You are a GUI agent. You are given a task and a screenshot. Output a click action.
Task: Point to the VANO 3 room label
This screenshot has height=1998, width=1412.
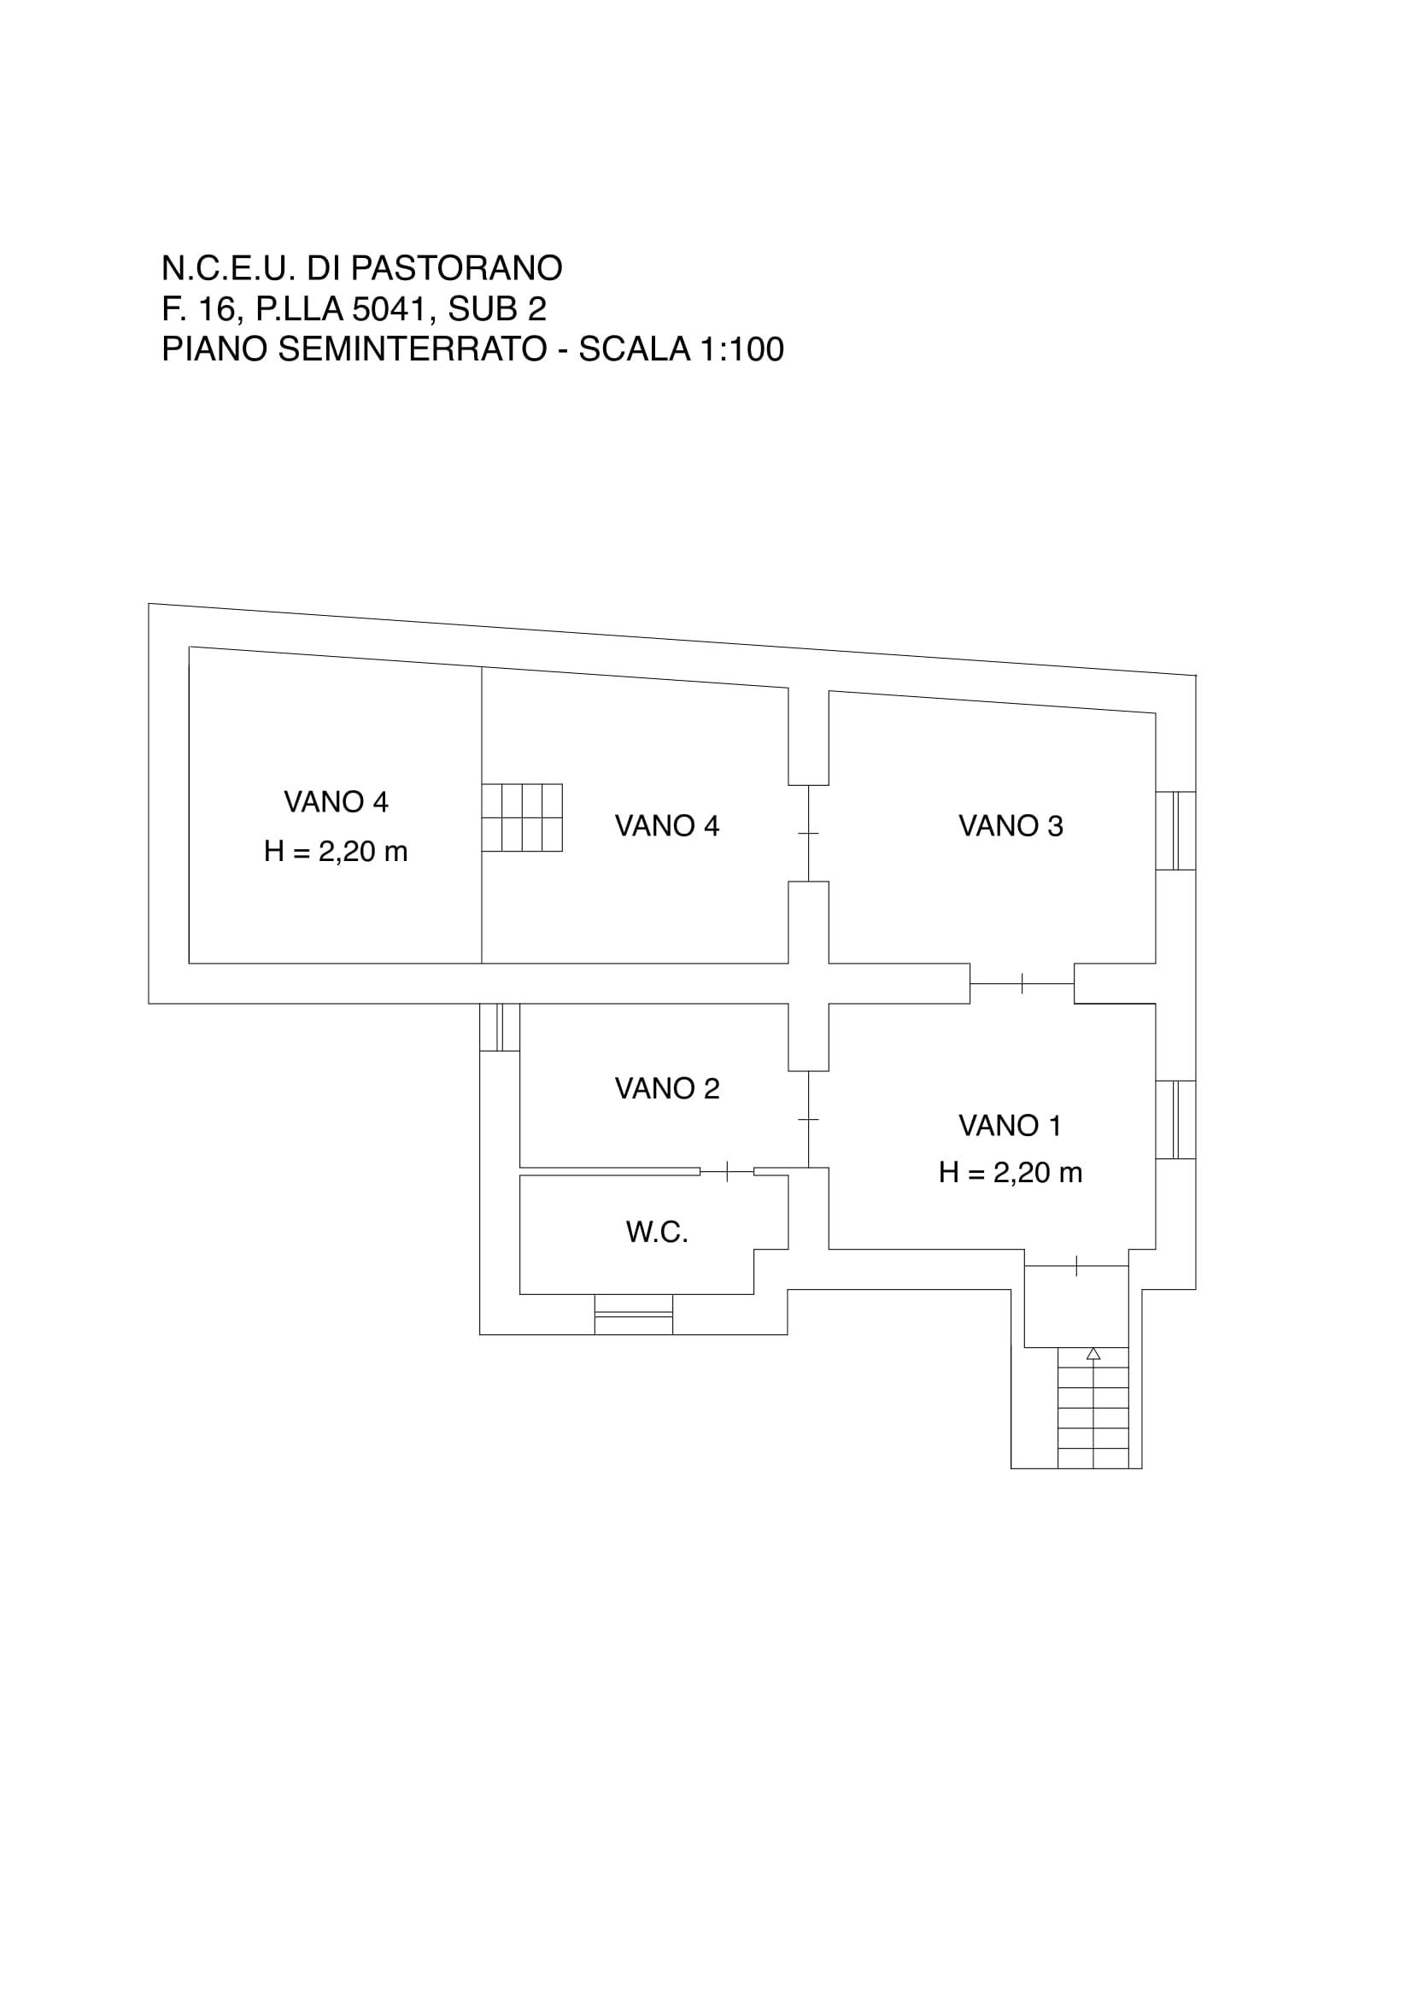[1010, 826]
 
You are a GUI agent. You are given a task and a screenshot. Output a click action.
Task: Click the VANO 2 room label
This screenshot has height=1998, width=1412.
[667, 1088]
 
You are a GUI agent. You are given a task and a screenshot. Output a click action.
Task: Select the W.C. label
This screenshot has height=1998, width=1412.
[657, 1233]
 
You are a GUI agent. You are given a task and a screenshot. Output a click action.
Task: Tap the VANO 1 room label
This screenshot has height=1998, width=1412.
[1010, 1126]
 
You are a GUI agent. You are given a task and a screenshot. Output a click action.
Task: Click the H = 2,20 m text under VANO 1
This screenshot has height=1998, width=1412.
[1010, 1173]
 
